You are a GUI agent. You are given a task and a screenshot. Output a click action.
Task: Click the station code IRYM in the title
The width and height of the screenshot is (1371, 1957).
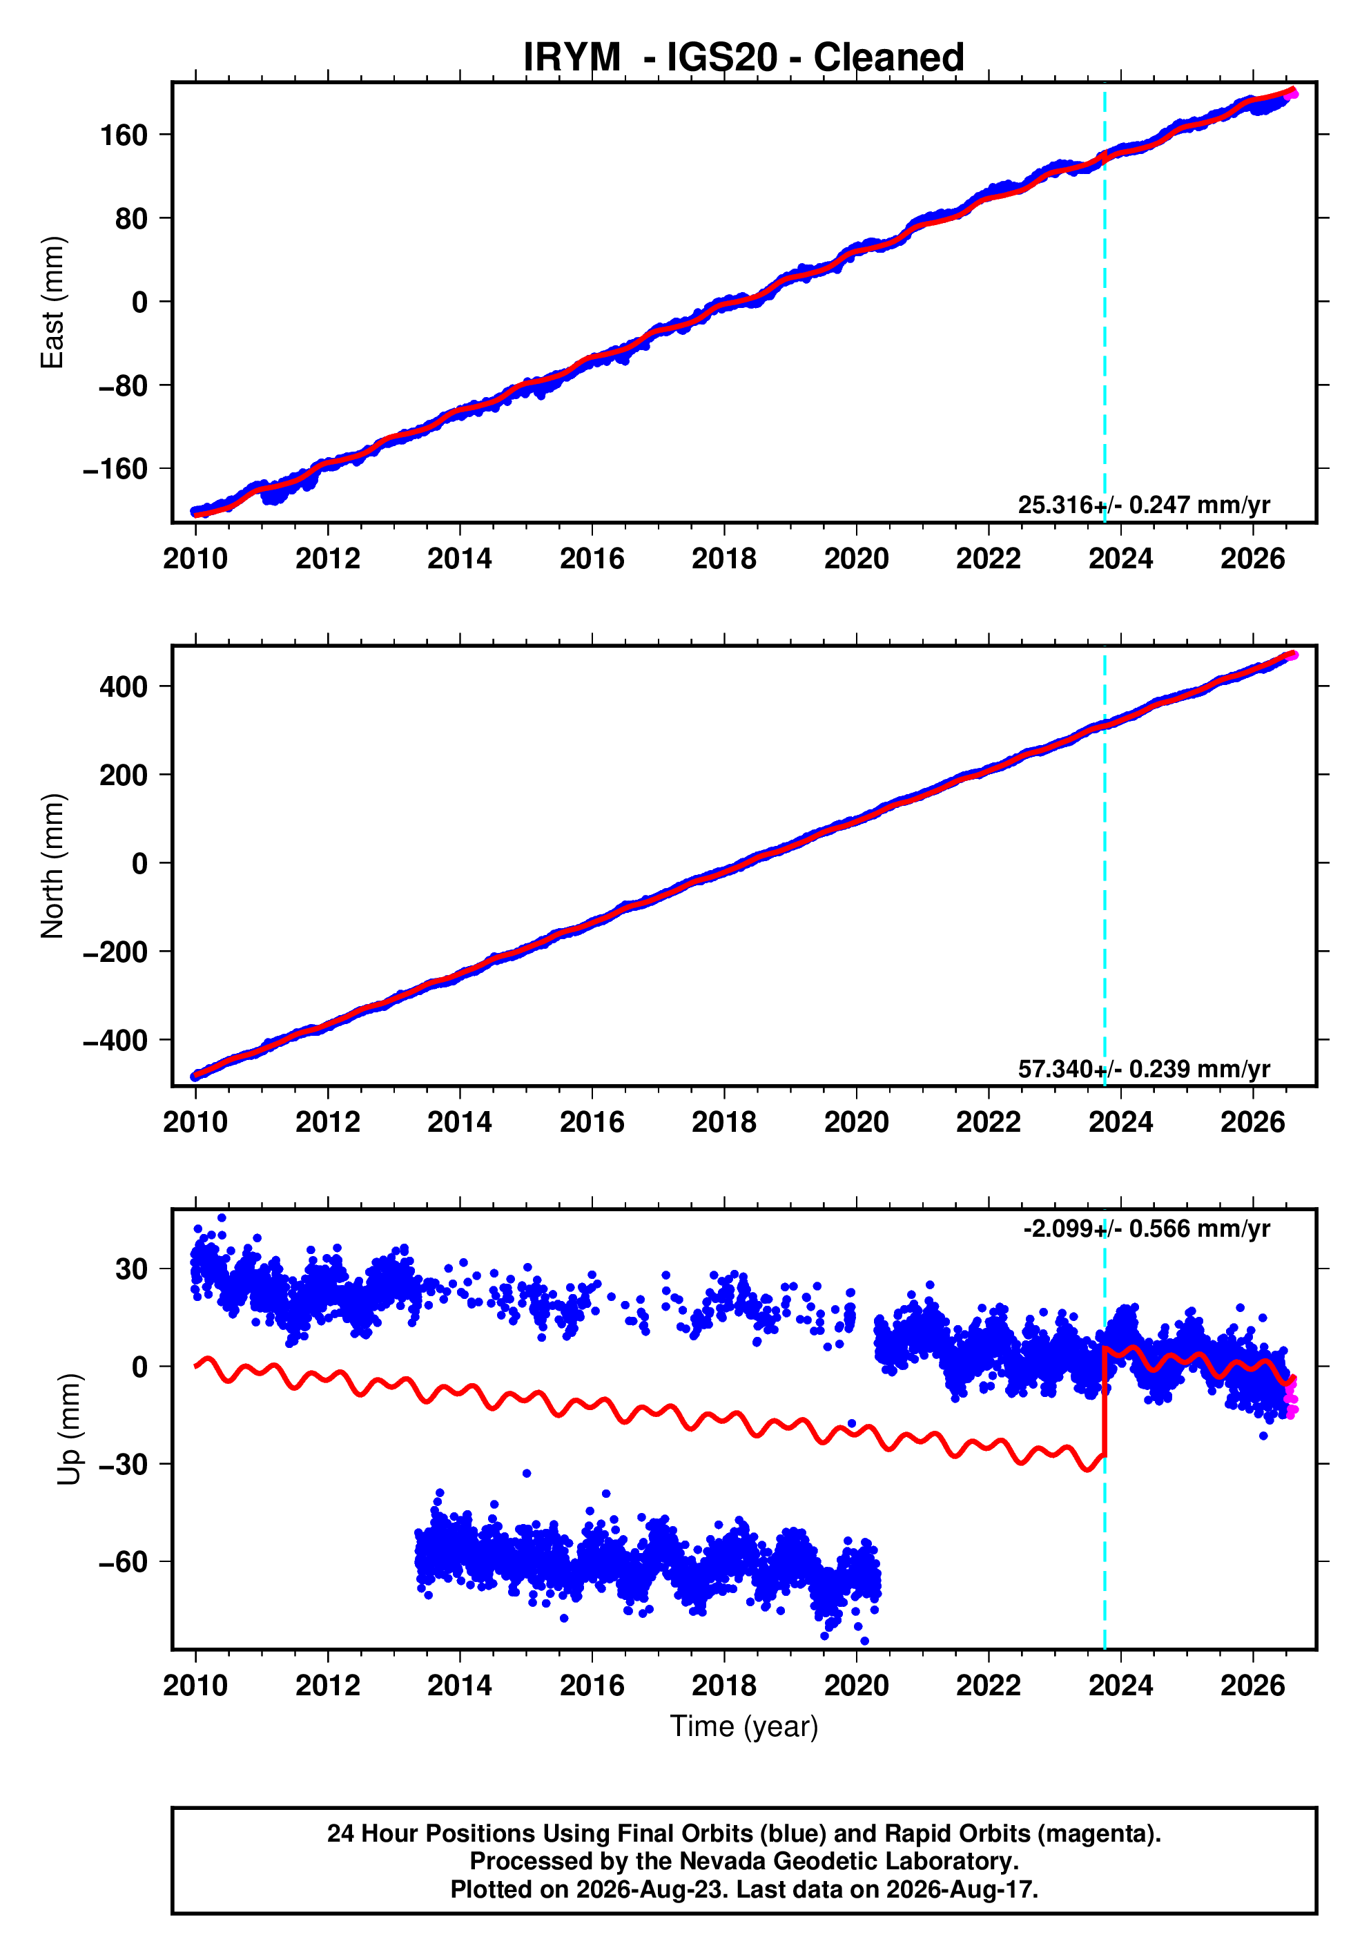[572, 58]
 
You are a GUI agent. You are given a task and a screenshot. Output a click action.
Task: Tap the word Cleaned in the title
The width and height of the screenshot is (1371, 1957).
[888, 58]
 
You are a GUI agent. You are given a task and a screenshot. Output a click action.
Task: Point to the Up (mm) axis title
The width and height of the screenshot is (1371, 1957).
[70, 1429]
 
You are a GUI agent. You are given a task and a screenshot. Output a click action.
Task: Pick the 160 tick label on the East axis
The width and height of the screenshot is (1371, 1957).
[124, 135]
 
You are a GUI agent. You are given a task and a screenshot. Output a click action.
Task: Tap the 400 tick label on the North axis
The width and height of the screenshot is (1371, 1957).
[124, 687]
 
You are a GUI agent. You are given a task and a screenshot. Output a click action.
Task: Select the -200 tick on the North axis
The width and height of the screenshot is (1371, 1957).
[115, 952]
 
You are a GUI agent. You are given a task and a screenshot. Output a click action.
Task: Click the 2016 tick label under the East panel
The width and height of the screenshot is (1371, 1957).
[592, 559]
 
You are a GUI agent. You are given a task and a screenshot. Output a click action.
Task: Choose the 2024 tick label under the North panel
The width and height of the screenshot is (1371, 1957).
[1120, 1123]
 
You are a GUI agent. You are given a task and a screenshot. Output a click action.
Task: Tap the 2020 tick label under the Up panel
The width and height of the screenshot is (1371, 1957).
[856, 1686]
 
